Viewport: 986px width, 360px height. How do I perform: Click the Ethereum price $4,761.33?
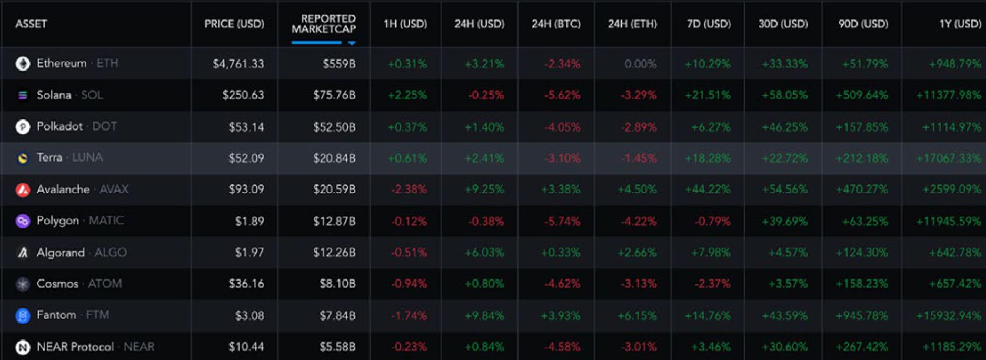click(238, 64)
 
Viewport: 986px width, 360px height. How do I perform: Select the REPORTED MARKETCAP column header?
click(324, 24)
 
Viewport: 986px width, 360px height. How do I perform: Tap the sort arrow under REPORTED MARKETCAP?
click(352, 43)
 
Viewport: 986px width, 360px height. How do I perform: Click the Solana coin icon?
click(23, 95)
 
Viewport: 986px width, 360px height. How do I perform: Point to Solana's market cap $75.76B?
click(334, 95)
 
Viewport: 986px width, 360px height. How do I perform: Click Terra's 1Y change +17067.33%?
click(948, 158)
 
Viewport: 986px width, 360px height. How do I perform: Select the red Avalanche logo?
click(23, 189)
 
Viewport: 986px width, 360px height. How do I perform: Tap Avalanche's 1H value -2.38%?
click(409, 189)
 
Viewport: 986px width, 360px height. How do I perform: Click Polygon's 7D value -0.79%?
click(712, 221)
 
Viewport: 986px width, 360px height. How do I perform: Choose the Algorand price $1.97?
click(249, 253)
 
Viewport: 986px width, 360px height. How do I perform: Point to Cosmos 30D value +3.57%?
click(788, 284)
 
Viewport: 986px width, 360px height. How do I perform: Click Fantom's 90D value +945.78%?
click(861, 315)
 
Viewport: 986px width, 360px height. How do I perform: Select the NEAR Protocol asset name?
click(75, 347)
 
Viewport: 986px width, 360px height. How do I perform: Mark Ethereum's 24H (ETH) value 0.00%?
click(640, 64)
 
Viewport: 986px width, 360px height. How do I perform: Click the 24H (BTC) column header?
click(556, 24)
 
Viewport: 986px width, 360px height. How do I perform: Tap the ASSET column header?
click(31, 24)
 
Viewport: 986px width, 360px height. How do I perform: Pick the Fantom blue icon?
click(23, 316)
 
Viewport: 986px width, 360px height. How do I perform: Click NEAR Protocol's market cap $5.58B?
click(337, 347)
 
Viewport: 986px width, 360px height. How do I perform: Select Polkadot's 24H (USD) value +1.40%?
click(484, 127)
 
